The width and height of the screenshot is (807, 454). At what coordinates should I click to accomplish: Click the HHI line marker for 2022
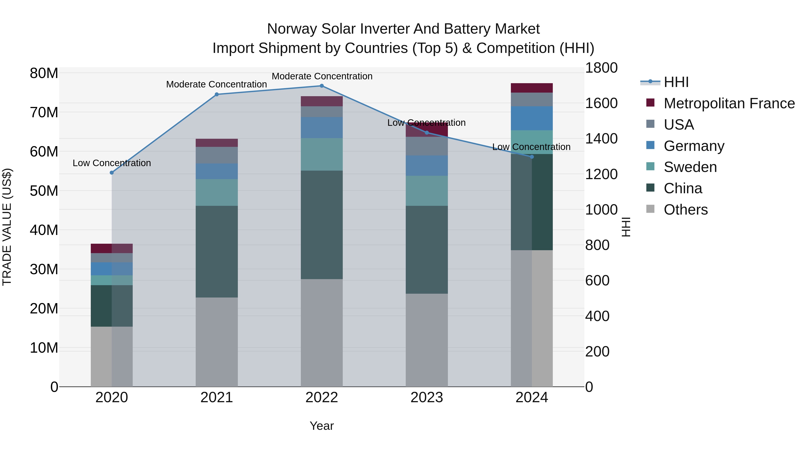point(321,86)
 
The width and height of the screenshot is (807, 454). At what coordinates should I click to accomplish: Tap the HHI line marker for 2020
point(112,173)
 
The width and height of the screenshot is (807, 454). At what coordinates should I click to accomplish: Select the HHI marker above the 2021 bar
point(217,94)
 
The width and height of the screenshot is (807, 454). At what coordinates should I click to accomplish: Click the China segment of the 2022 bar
point(321,225)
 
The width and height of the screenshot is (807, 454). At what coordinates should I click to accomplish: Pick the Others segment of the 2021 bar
point(217,342)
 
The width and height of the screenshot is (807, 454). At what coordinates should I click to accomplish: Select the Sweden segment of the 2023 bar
point(426,191)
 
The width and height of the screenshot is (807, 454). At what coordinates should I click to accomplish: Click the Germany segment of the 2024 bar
point(532,118)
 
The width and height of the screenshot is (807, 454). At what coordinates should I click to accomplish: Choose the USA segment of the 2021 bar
point(217,155)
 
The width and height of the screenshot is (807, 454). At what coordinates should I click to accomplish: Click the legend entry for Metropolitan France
point(729,103)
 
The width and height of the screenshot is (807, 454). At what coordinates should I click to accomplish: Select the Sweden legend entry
point(690,167)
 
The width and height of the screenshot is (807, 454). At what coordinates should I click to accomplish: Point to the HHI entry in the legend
point(676,82)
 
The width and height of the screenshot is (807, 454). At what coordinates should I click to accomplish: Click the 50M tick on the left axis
point(44,191)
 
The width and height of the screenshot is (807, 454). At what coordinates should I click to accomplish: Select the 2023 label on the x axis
point(426,398)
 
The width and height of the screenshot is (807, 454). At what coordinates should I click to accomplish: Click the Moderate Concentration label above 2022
point(322,76)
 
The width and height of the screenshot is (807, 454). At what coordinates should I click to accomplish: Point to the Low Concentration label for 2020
point(112,163)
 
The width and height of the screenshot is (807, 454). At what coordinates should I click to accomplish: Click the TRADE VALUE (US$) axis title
point(7,227)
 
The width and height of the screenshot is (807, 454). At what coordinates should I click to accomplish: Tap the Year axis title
point(321,426)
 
